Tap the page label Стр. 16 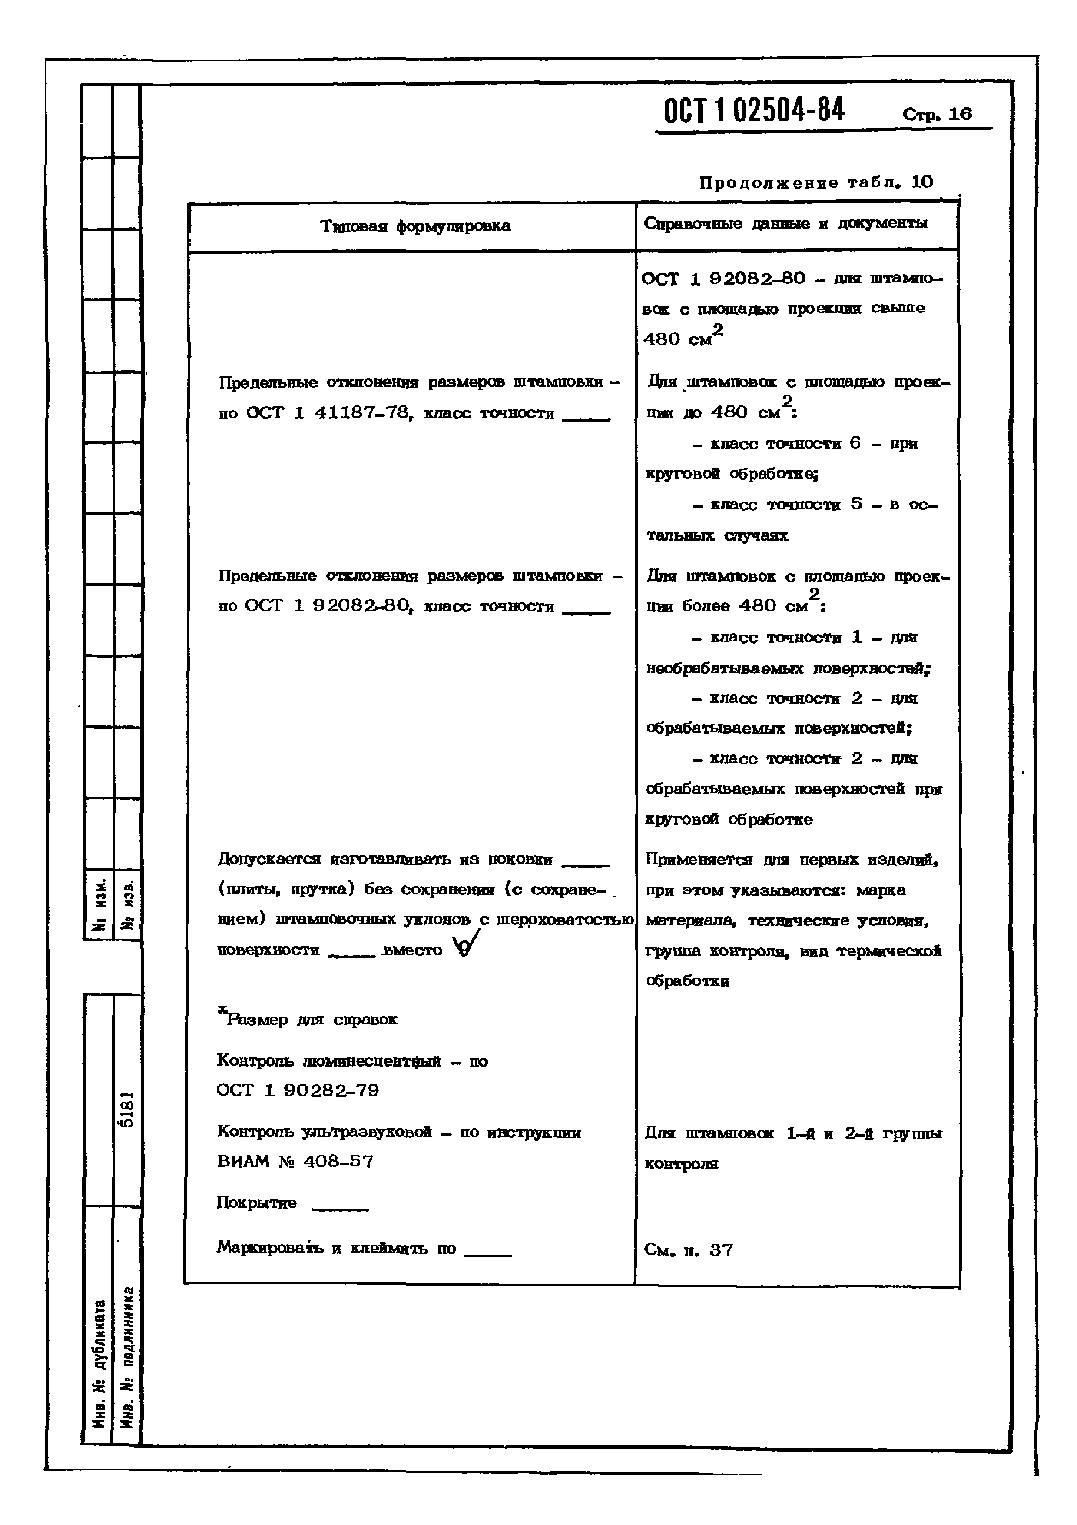tap(937, 114)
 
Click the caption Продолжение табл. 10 tap(815, 183)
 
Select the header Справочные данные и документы tap(785, 224)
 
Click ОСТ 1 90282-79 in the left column tap(298, 1090)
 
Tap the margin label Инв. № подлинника tap(128, 1358)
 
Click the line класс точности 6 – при tap(805, 444)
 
